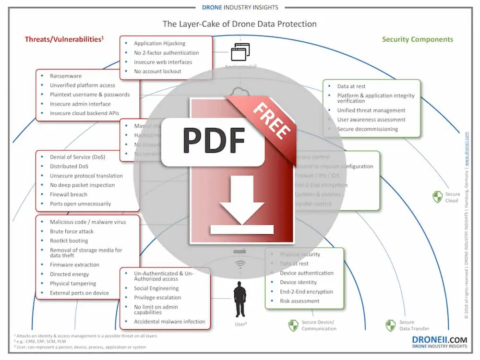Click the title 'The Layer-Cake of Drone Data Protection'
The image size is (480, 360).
240,24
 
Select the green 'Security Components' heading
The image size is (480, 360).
417,39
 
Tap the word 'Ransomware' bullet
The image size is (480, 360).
66,76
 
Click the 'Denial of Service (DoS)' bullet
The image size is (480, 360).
77,157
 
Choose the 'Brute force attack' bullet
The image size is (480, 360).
72,231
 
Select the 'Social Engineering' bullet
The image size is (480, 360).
156,288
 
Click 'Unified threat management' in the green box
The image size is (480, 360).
371,110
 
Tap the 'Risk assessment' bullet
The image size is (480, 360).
300,301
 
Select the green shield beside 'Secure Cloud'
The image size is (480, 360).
437,197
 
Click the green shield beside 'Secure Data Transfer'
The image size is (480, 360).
391,325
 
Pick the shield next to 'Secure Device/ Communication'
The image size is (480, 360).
293,325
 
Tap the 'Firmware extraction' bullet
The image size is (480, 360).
74,264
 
